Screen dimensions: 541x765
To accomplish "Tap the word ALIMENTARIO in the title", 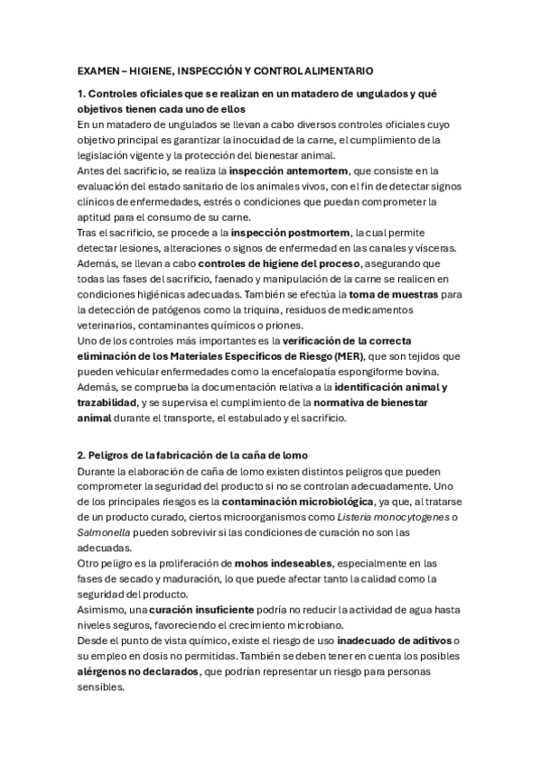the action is coord(336,69).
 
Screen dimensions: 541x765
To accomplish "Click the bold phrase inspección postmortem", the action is coord(280,233).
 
